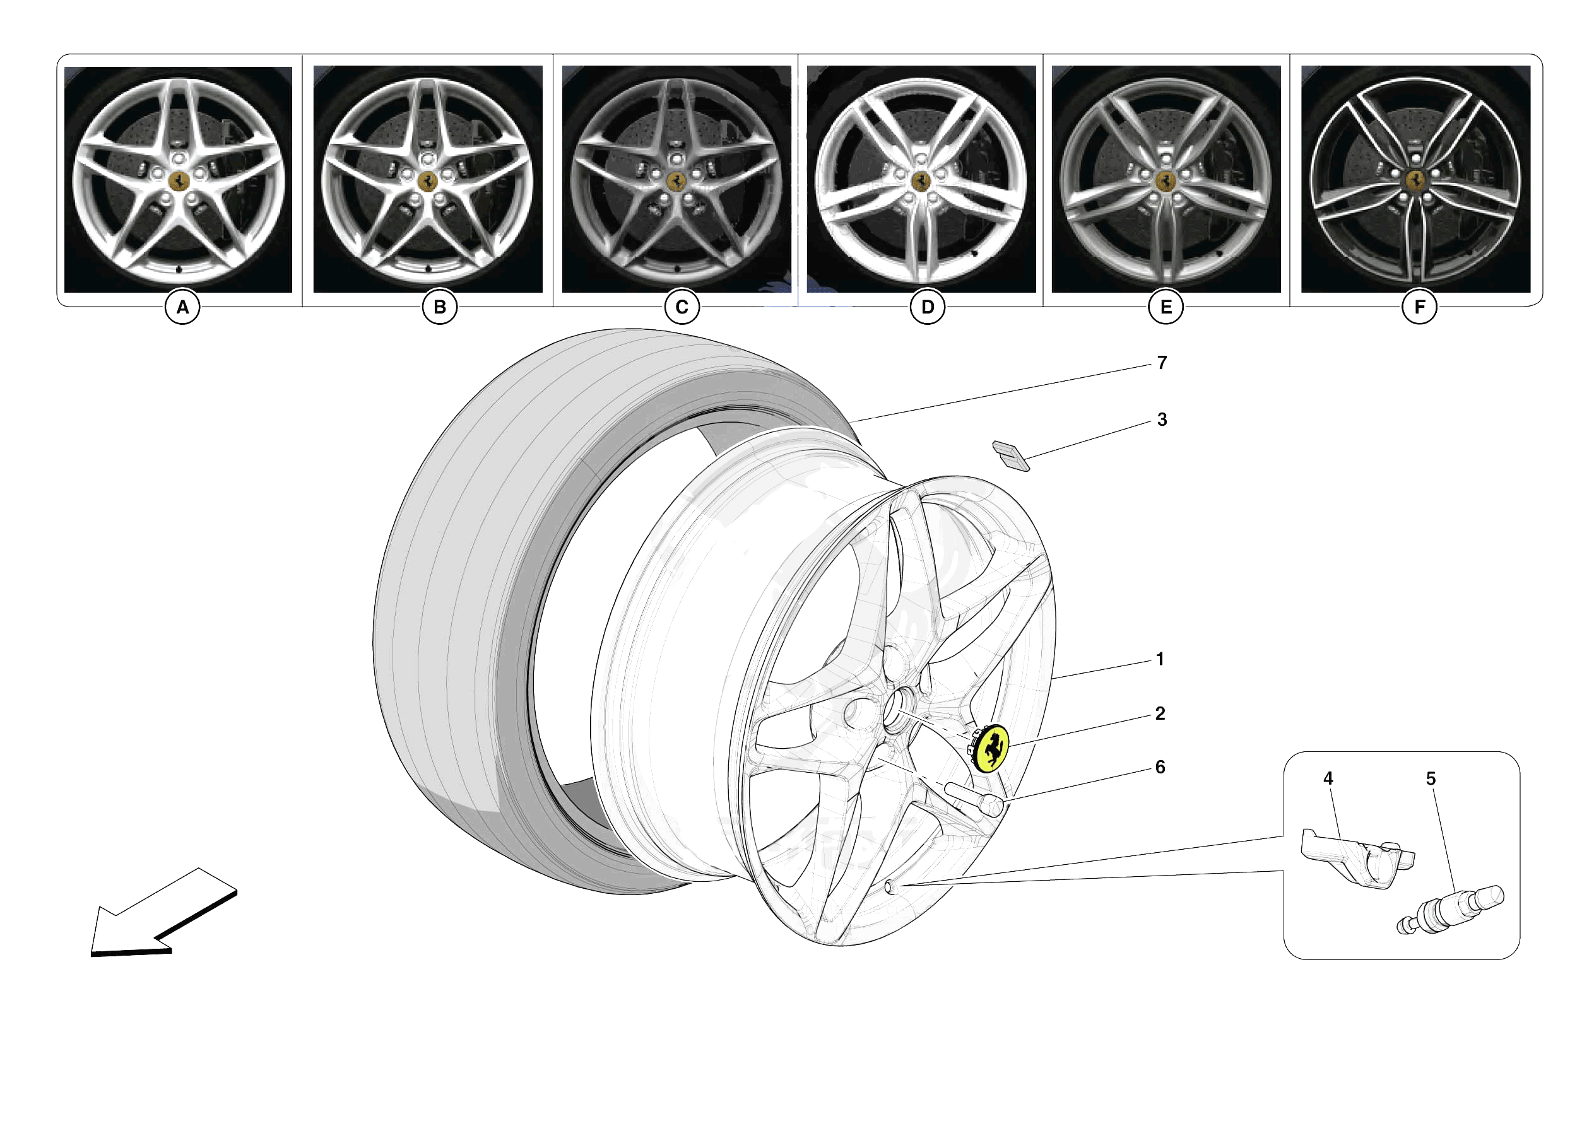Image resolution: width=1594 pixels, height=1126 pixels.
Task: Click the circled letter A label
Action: (x=182, y=307)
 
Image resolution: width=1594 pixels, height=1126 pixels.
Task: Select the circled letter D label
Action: (x=927, y=307)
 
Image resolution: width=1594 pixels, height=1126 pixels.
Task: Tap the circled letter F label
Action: (x=1419, y=307)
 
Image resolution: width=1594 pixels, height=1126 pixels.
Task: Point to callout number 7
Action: (x=1162, y=362)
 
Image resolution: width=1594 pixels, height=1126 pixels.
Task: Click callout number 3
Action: (x=1162, y=419)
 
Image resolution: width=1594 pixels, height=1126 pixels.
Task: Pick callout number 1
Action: (x=1159, y=659)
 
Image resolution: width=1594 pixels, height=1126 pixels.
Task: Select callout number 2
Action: (x=1159, y=713)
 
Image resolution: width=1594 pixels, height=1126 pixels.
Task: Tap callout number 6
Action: (x=1159, y=767)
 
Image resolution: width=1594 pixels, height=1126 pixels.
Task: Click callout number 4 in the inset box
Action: (x=1328, y=778)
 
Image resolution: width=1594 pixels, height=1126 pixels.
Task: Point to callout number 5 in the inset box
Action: (x=1430, y=779)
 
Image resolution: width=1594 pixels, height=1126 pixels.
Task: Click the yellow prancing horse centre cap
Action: (x=991, y=748)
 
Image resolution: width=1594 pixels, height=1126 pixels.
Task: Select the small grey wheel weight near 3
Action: (x=1011, y=455)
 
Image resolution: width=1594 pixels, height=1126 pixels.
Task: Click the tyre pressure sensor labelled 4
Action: (x=1354, y=858)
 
